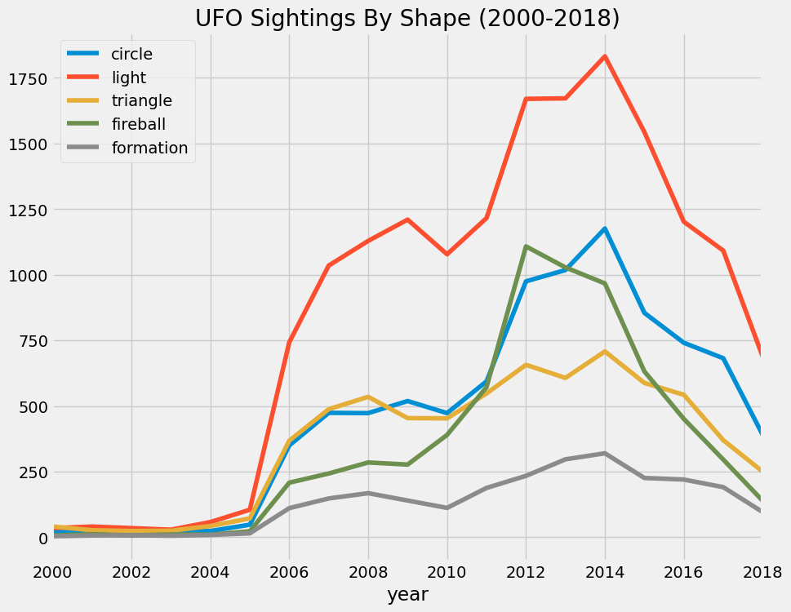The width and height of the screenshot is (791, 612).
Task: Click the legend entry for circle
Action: (131, 54)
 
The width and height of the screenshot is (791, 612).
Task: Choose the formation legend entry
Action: (149, 148)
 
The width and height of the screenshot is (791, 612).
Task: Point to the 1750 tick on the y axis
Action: (29, 78)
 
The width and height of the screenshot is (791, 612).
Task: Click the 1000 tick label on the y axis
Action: (29, 276)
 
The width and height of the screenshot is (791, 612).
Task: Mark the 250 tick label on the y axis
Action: (33, 472)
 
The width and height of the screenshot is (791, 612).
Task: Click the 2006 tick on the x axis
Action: (289, 570)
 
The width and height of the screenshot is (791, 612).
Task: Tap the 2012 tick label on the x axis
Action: (526, 570)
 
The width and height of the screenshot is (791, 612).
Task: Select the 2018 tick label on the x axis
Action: (762, 570)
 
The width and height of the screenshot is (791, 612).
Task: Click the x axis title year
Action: (407, 595)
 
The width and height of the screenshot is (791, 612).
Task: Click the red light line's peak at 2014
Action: (605, 56)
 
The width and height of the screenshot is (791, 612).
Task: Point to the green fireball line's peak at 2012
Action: (526, 246)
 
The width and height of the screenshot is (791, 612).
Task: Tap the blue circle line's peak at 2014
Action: (605, 228)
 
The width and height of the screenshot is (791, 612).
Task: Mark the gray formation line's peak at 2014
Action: (605, 453)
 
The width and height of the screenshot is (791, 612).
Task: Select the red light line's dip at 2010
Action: (447, 254)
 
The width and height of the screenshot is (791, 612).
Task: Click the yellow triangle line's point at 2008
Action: (368, 397)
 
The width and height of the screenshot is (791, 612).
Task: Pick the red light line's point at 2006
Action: (289, 342)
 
